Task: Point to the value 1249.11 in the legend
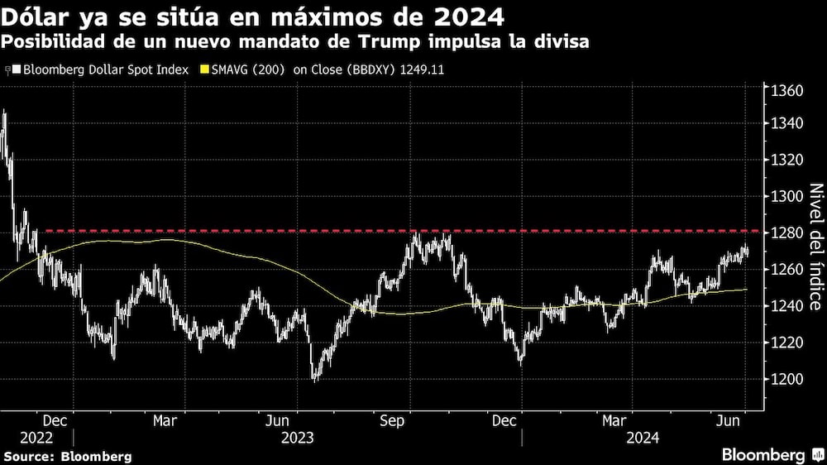click(423, 70)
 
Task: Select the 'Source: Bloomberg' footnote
click(68, 456)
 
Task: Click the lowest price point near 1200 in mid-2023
click(315, 379)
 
